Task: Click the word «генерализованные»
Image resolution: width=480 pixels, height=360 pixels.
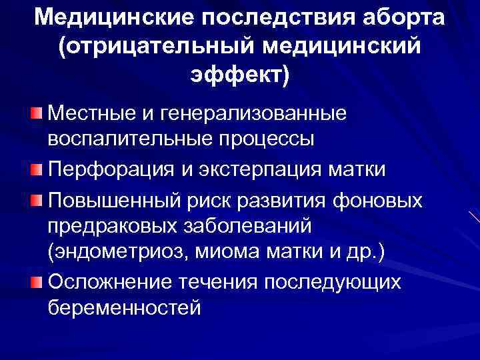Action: point(254,114)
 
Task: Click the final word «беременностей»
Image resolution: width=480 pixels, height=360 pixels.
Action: point(124,310)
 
